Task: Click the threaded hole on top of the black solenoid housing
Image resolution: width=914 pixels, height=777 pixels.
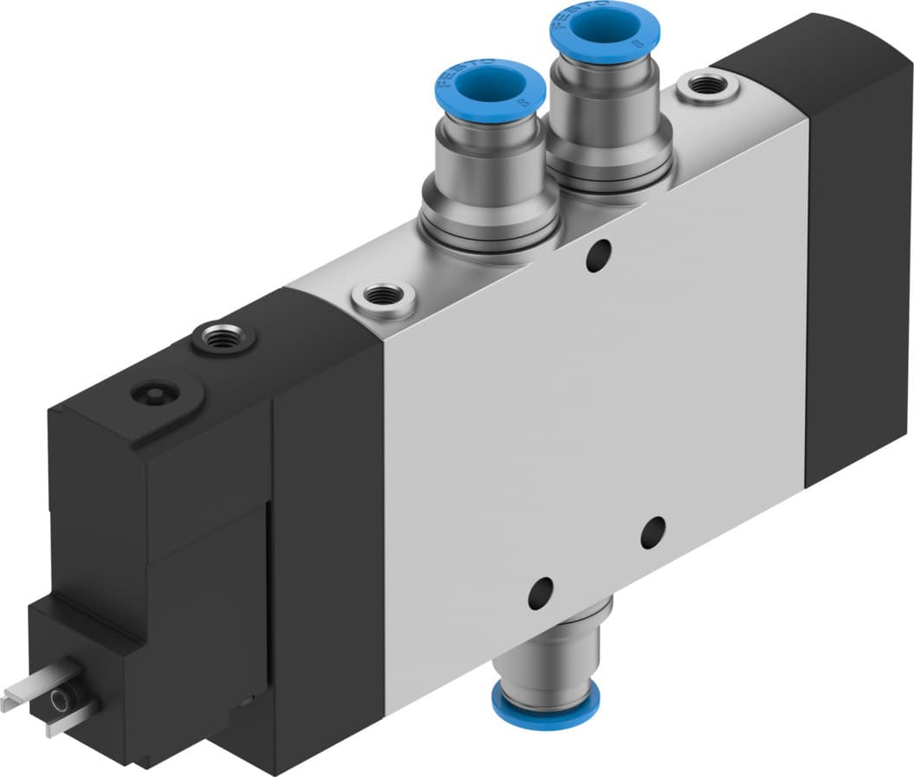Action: (x=224, y=336)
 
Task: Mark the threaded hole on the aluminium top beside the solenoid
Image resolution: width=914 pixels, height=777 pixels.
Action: (x=383, y=299)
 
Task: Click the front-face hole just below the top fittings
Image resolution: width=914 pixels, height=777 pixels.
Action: (x=597, y=257)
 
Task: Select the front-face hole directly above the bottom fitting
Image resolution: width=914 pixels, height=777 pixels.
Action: (x=540, y=592)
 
